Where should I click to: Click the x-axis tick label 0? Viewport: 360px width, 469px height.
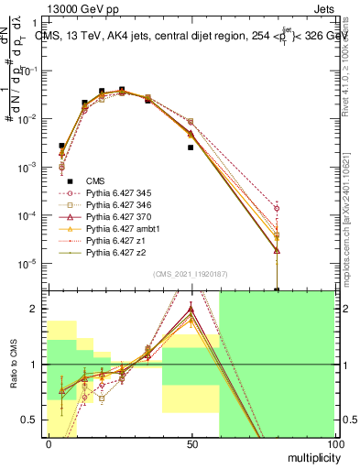(49, 443)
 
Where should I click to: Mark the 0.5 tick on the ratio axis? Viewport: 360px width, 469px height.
(32, 420)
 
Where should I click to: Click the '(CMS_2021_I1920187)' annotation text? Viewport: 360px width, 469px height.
(190, 274)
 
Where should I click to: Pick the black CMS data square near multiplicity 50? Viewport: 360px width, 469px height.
(191, 147)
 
